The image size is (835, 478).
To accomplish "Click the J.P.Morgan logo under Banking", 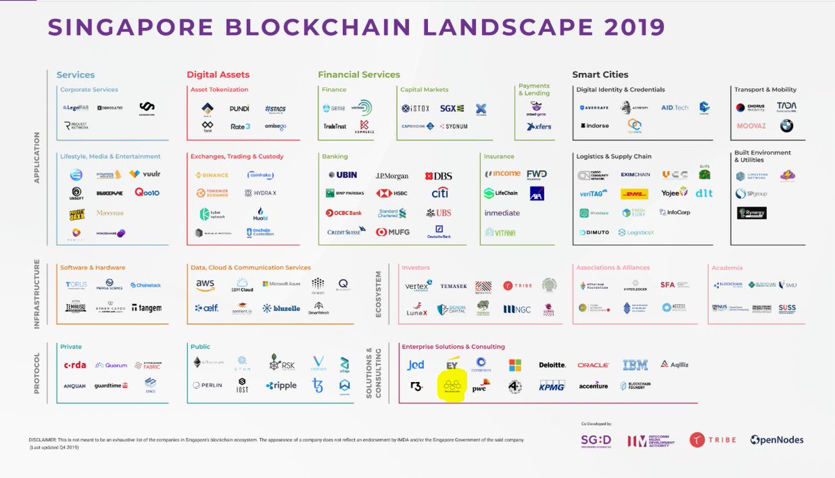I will coord(392,176).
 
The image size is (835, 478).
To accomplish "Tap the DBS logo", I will coord(438,176).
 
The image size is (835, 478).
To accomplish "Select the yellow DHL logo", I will coord(634,194).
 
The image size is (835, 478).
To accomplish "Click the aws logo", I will coord(205,284).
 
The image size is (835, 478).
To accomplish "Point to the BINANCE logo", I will coord(212,175).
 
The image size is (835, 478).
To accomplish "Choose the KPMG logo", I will coord(552,385).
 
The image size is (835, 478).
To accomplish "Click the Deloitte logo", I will coord(552,365).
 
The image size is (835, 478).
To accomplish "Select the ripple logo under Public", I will coord(281,385).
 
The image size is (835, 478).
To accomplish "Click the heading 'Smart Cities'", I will coord(600,74).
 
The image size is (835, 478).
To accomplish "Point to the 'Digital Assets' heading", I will coord(218,74).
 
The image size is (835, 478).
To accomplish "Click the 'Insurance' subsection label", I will coord(499,157).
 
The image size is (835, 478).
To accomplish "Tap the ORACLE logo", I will coord(593,365).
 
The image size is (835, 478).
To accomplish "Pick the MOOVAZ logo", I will coord(751,126).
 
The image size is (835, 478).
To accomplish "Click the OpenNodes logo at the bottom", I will coord(777,440).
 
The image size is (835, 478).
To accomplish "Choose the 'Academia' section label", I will coord(726,268).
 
